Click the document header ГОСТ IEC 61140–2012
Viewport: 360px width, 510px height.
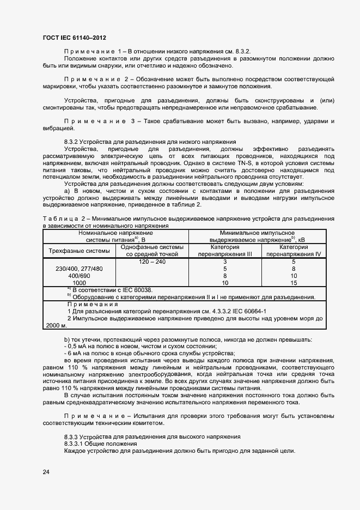[74, 38]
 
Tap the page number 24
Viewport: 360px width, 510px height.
[46, 472]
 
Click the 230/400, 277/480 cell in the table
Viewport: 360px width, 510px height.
[79, 269]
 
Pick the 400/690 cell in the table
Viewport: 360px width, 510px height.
[79, 276]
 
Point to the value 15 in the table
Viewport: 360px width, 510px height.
[294, 283]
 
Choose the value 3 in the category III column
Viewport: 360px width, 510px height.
[225, 262]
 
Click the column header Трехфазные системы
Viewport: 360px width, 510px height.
[79, 251]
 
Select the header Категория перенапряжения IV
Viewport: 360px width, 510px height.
[294, 251]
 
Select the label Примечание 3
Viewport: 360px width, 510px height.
[96, 121]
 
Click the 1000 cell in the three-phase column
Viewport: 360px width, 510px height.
[79, 283]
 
